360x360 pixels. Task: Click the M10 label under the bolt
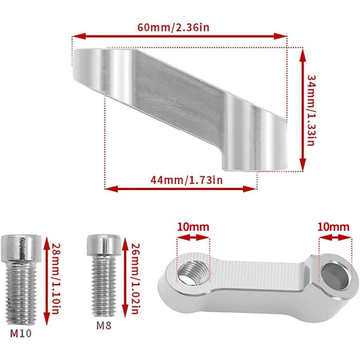point(20,333)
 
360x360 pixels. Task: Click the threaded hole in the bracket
point(193,274)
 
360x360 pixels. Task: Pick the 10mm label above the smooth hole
point(334,227)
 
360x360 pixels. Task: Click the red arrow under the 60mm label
point(179,36)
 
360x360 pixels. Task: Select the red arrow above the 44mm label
point(180,188)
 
